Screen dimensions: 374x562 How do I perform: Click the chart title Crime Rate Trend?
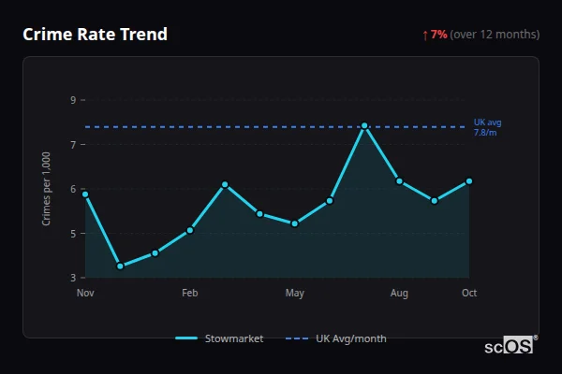[95, 35]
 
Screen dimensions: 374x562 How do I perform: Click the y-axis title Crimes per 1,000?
[47, 189]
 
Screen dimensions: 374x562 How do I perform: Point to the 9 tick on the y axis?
[73, 100]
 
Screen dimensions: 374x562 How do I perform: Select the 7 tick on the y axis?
[73, 144]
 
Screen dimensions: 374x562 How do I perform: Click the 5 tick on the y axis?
[73, 234]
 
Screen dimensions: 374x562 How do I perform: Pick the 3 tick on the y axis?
[73, 278]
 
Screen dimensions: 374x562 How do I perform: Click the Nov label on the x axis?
[85, 294]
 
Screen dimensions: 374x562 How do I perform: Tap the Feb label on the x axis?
[190, 294]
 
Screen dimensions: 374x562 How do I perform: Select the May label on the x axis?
[295, 294]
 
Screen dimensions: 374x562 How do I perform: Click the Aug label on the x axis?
[399, 294]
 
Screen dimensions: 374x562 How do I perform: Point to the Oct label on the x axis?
[469, 294]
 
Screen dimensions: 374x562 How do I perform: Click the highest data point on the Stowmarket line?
[364, 125]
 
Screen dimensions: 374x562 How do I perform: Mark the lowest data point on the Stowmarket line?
[120, 266]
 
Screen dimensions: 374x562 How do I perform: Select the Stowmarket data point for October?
[469, 181]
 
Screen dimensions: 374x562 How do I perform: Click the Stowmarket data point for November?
[85, 194]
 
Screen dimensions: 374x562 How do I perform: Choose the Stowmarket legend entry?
[219, 338]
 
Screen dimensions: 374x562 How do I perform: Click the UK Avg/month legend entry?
[337, 338]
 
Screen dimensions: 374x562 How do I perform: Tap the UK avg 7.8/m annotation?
[488, 127]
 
